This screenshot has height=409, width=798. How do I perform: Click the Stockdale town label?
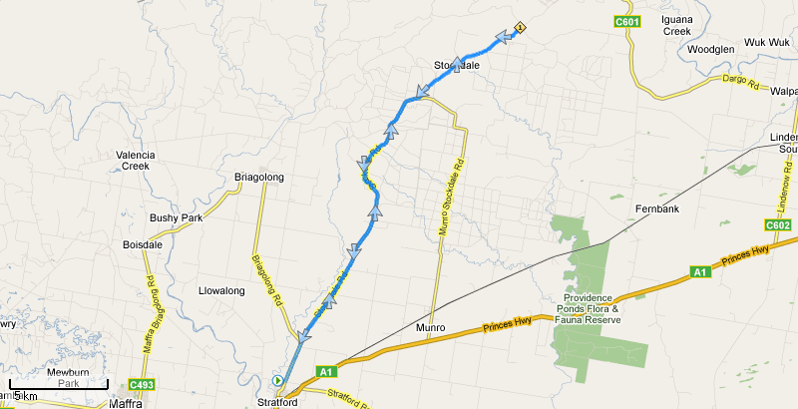(457, 66)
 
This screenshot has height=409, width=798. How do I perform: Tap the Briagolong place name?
(258, 178)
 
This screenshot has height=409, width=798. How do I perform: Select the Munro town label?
(429, 327)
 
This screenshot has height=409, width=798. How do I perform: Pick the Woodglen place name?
(711, 48)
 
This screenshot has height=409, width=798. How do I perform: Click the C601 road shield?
(625, 20)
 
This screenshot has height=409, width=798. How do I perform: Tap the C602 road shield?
(779, 225)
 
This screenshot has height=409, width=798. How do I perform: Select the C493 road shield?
(143, 385)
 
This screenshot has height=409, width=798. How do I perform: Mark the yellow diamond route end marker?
(520, 28)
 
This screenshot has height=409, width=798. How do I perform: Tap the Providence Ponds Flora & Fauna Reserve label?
(602, 308)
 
